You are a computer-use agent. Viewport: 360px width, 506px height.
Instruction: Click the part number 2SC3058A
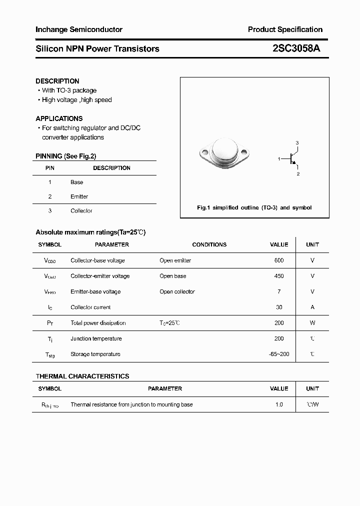(296, 48)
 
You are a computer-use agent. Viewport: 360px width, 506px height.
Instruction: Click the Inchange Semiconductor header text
(79, 29)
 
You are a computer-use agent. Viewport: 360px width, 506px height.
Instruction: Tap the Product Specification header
(285, 29)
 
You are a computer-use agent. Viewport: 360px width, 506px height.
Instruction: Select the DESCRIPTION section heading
(57, 81)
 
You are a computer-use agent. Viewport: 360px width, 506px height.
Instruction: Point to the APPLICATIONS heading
(59, 118)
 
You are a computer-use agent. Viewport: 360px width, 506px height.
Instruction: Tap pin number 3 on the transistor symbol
(297, 143)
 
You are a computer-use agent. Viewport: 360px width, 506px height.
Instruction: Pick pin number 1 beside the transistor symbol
(279, 158)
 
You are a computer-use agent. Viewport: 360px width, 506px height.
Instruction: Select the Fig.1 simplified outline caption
(254, 207)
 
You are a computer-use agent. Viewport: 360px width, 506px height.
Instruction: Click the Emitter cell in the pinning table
(79, 196)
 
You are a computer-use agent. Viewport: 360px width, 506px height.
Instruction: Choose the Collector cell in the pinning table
(81, 211)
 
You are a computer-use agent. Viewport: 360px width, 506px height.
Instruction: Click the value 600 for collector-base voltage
(279, 260)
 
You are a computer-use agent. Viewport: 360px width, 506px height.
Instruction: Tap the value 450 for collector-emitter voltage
(279, 276)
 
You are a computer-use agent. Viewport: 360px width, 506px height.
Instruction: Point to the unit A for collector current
(312, 307)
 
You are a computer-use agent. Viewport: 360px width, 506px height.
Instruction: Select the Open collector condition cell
(177, 291)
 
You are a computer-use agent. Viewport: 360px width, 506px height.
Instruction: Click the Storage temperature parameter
(95, 354)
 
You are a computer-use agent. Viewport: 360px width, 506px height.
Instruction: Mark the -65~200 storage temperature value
(279, 354)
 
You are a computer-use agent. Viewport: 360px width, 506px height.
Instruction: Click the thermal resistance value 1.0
(279, 404)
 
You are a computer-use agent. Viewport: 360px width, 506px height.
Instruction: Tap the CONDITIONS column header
(209, 244)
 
